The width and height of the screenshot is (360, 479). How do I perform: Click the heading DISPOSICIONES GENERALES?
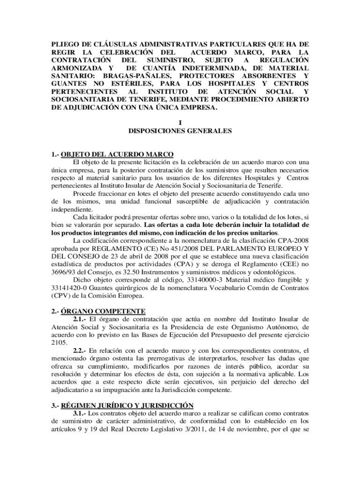tap(180, 131)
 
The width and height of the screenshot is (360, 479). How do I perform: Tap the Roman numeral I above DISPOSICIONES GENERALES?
tap(180, 123)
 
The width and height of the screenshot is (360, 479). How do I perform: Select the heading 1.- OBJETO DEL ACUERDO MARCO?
tap(112, 154)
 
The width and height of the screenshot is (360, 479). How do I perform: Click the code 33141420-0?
tap(71, 288)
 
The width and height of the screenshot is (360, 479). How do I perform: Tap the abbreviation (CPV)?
tap(61, 296)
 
